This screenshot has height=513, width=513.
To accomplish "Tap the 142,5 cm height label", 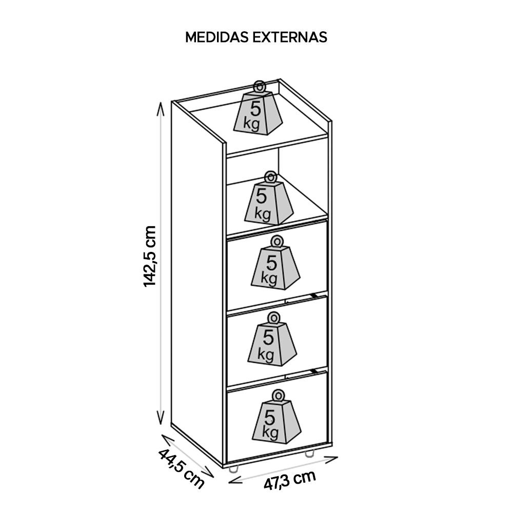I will (150, 256).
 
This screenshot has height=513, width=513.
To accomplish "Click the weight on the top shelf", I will (258, 112).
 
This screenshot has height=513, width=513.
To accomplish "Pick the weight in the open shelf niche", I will (268, 201).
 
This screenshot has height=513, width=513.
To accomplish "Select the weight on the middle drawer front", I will (272, 341).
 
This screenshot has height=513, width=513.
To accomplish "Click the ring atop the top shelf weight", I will (259, 86).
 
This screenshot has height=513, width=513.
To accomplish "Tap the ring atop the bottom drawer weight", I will (279, 395).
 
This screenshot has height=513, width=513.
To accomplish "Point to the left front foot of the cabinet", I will (233, 468).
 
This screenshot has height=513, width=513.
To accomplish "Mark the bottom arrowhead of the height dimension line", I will (161, 418).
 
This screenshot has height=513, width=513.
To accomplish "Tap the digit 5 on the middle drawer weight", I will (268, 337).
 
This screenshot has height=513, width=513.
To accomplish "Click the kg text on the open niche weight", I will (262, 213).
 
